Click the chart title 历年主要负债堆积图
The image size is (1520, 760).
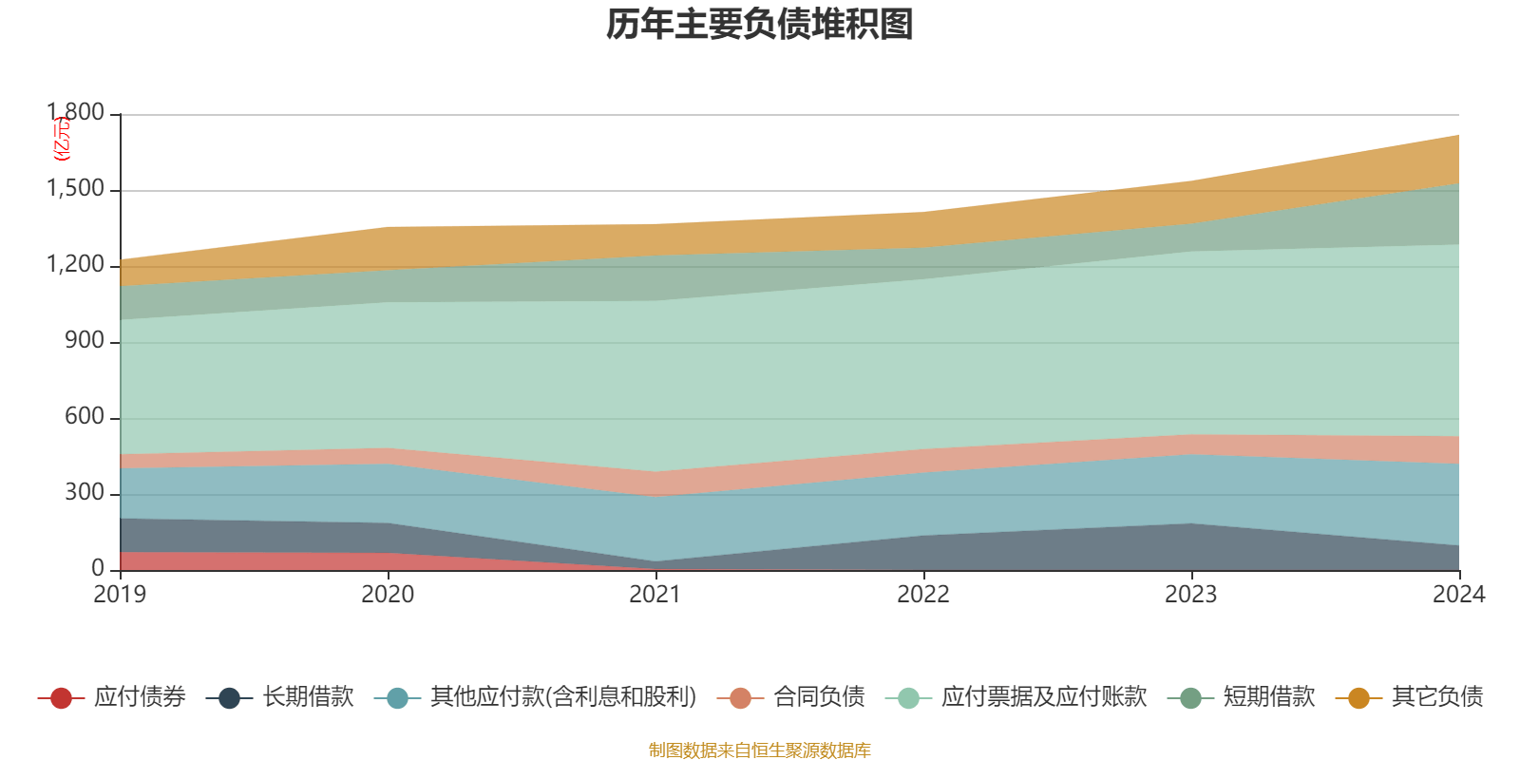pos(760,25)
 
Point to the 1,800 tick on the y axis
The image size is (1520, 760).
pos(76,113)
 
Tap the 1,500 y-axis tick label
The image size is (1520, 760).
pos(76,189)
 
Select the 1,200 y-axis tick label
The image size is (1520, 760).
pos(76,265)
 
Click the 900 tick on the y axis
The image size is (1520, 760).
pos(85,341)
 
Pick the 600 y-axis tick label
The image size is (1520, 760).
pos(85,417)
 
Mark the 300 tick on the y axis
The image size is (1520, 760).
pos(85,493)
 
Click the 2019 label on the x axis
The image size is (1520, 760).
pos(120,595)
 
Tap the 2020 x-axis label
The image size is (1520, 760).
pos(388,595)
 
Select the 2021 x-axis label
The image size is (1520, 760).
pos(655,595)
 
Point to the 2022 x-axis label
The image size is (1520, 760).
pos(923,595)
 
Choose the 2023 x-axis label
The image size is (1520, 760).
pos(1191,595)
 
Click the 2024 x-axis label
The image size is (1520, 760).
pos(1458,595)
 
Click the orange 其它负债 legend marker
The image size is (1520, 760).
pos(1358,698)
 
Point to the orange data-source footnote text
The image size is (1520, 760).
pos(760,750)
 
